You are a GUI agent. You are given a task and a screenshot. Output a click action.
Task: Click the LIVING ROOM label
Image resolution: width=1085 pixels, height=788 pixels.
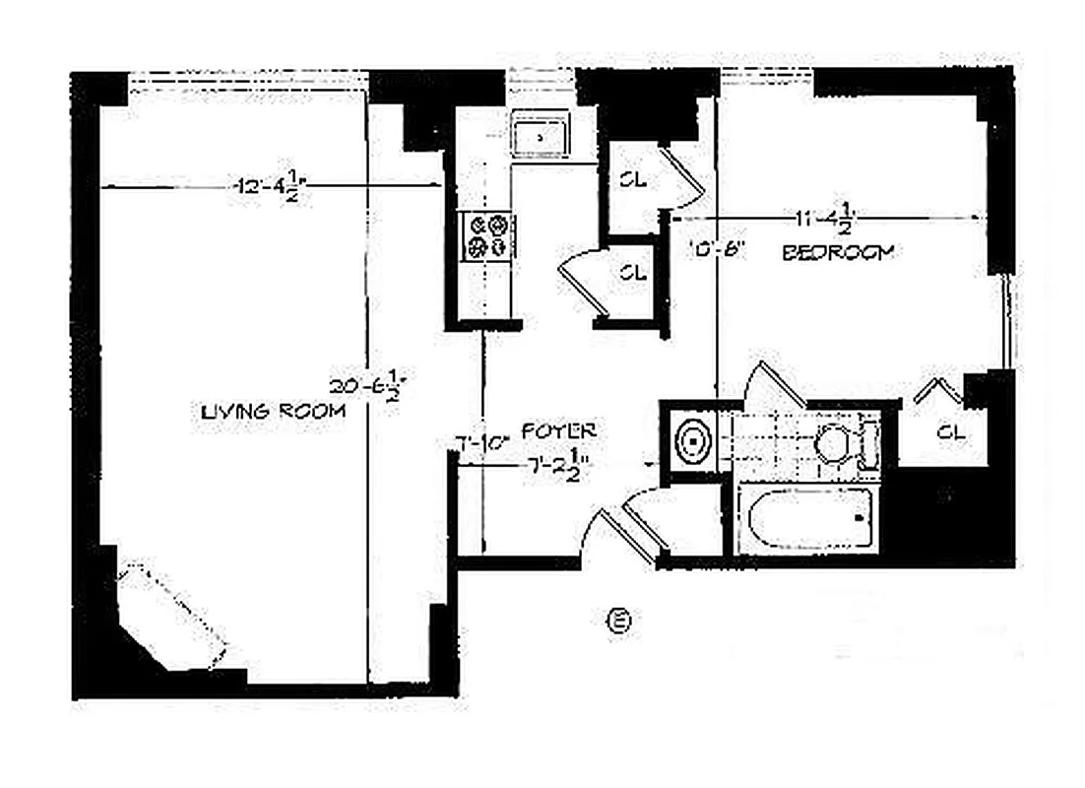(273, 412)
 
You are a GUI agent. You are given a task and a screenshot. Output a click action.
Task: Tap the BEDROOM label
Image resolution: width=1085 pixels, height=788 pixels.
(838, 252)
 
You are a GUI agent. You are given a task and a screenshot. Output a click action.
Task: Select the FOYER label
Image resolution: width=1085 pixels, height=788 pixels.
(559, 430)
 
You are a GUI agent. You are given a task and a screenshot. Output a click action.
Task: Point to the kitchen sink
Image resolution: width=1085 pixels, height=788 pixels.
(539, 136)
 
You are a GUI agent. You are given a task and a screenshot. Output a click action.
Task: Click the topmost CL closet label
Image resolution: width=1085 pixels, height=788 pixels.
(632, 179)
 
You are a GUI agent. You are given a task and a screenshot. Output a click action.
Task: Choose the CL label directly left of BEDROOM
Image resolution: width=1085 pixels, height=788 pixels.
(633, 272)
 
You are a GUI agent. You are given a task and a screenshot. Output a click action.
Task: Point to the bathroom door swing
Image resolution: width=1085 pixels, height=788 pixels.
(773, 384)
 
